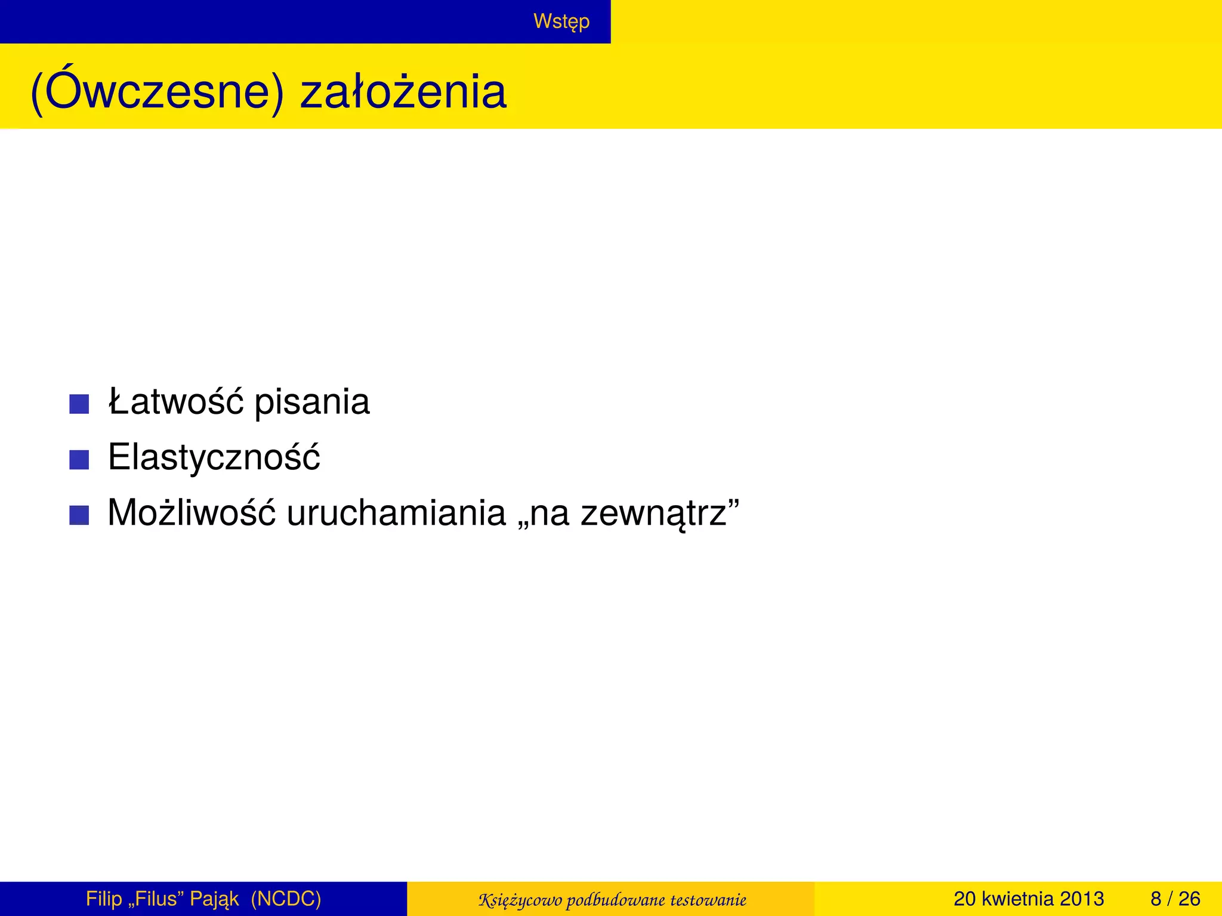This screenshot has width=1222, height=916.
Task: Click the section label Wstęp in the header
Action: tap(561, 21)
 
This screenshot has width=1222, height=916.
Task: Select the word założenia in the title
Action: tap(403, 92)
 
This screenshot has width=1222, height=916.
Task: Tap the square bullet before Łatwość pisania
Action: tap(79, 404)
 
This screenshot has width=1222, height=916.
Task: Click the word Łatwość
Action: tap(176, 401)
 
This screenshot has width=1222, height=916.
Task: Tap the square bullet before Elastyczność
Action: tap(79, 460)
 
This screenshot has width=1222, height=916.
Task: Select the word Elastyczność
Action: tap(214, 457)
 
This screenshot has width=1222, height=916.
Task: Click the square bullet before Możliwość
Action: tap(79, 515)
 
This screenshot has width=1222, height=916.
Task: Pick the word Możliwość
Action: tap(192, 513)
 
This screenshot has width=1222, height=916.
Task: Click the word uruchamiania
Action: tap(396, 513)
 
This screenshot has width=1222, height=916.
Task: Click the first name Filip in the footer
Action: tap(104, 899)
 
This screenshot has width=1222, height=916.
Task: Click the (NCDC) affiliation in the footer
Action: tap(286, 899)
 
